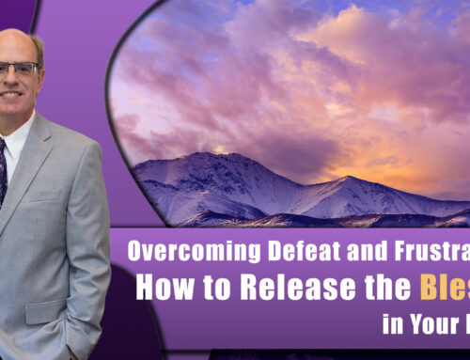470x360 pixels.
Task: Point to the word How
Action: pyautogui.click(x=160, y=287)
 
